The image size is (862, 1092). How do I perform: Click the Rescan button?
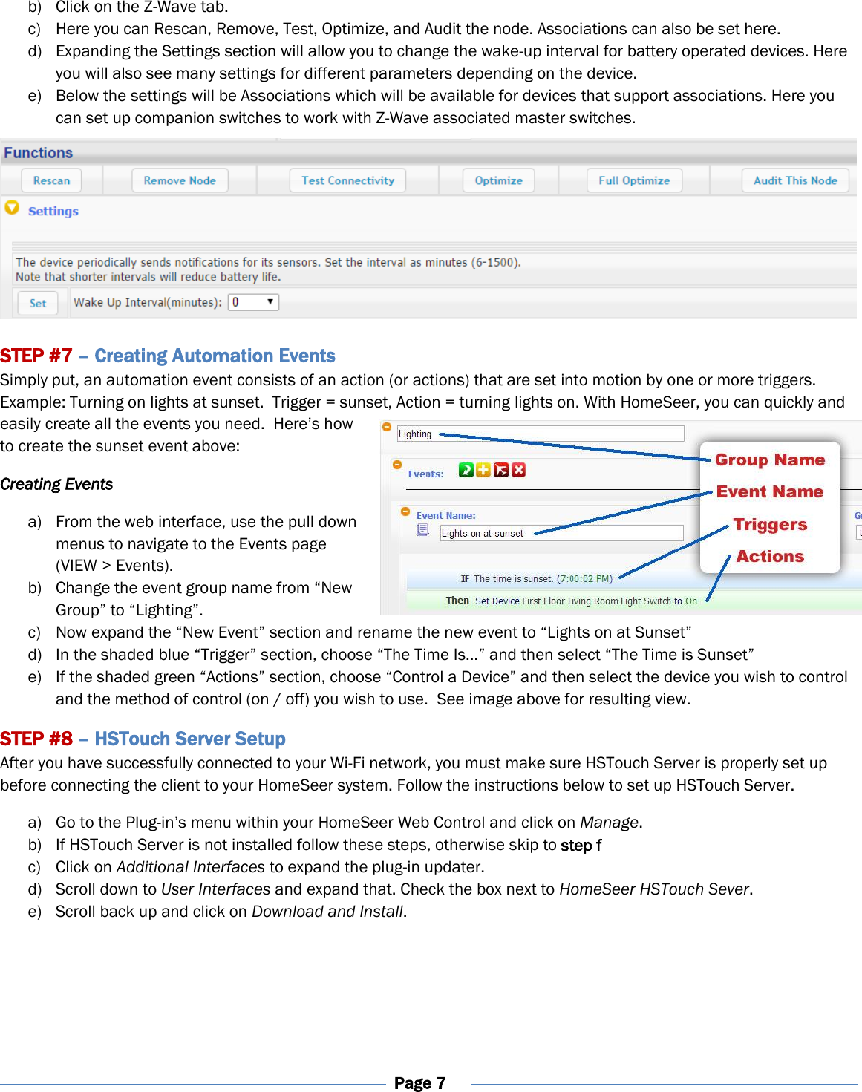(x=51, y=180)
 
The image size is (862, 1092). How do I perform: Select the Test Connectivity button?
(x=347, y=180)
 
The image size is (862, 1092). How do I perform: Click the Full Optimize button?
(x=634, y=180)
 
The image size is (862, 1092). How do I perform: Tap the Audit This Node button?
(x=795, y=180)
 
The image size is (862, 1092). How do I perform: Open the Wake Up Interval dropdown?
(x=253, y=302)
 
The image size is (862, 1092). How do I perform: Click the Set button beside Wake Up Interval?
(x=38, y=303)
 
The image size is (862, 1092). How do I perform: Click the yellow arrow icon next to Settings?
(x=12, y=208)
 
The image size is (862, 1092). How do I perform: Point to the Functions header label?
(x=39, y=153)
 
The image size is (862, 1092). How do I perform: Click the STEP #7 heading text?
(x=36, y=356)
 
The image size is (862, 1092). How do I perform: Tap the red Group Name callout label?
(x=770, y=460)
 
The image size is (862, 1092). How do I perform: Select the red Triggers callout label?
(x=770, y=524)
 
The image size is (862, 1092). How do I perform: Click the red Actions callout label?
(x=770, y=556)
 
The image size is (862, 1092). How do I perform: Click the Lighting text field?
(x=540, y=434)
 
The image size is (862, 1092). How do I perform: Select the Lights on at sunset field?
(x=561, y=533)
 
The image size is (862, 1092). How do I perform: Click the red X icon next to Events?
(x=518, y=470)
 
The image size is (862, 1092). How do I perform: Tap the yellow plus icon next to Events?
(x=483, y=470)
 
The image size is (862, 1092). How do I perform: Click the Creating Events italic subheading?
(x=56, y=484)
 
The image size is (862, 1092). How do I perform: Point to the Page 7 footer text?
(x=419, y=1082)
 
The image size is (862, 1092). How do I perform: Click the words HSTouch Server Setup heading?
(x=190, y=739)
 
